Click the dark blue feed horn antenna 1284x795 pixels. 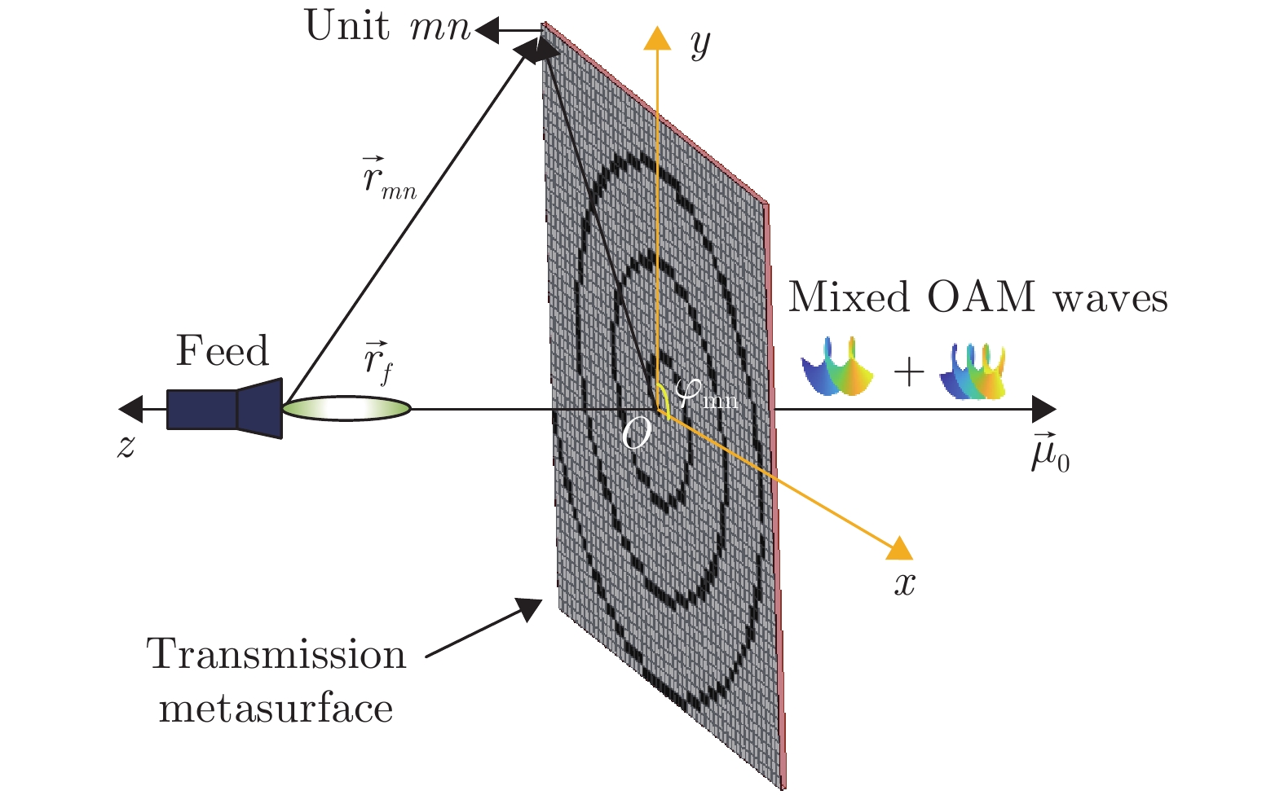click(225, 408)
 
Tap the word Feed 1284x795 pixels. click(222, 351)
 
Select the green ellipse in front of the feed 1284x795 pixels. click(346, 408)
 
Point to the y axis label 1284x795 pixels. click(699, 45)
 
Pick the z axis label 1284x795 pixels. click(126, 446)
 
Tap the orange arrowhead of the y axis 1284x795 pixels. click(656, 37)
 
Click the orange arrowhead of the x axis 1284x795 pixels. click(899, 548)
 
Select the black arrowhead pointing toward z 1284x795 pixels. click(130, 408)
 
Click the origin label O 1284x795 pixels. click(636, 435)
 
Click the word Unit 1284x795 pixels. click(346, 26)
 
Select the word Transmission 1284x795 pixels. click(276, 655)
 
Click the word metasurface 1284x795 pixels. click(276, 708)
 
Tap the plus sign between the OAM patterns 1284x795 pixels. click(908, 372)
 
